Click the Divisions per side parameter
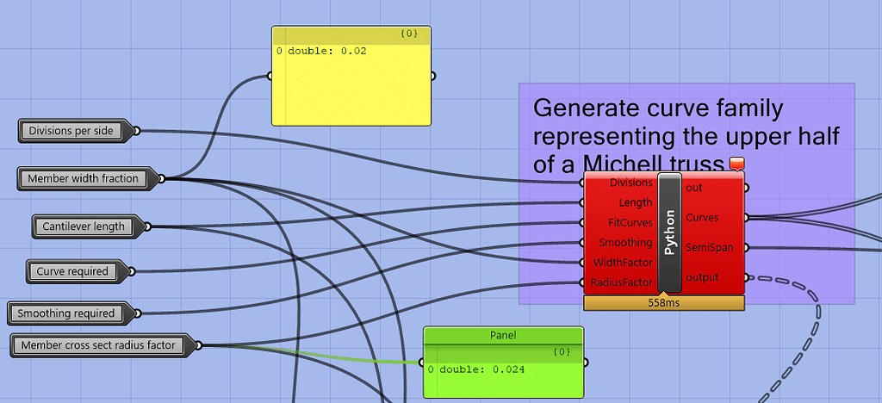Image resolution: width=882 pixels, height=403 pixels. (71, 131)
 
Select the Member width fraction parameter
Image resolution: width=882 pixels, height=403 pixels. (83, 179)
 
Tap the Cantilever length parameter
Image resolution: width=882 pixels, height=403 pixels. (83, 226)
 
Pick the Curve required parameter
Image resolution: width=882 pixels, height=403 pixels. (72, 271)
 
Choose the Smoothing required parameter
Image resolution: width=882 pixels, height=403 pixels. (65, 313)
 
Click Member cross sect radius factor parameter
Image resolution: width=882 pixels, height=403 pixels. (97, 345)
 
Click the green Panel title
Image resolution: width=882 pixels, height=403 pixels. (503, 335)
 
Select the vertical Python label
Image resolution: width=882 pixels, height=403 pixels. (670, 232)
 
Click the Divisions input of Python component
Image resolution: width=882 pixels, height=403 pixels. (630, 183)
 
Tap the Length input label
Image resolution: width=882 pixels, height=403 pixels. (636, 202)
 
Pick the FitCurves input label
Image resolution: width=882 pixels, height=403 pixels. (630, 222)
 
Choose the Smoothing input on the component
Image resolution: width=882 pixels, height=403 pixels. (626, 242)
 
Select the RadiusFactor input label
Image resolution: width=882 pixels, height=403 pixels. (623, 282)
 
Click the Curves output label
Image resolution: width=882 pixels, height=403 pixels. (702, 218)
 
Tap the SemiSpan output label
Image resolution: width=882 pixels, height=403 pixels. (710, 248)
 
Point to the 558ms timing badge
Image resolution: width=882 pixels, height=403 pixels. (662, 302)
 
